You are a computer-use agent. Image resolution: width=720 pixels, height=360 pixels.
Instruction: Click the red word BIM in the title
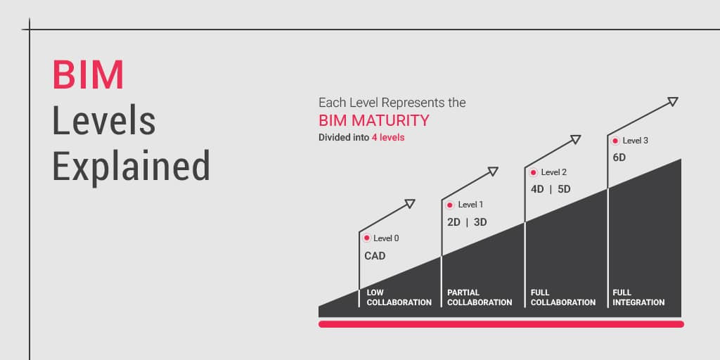[x=88, y=75]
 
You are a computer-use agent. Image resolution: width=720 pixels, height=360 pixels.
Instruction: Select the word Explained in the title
[x=131, y=165]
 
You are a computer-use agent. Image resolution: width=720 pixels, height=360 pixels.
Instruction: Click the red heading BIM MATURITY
[x=374, y=120]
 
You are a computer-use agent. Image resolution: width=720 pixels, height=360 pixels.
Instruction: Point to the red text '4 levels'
[x=388, y=137]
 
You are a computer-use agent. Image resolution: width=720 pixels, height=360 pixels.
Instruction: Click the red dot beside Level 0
[x=366, y=238]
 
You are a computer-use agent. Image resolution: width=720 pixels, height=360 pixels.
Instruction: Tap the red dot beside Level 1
[x=450, y=205]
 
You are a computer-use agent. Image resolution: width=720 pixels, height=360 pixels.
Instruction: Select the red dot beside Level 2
[x=533, y=173]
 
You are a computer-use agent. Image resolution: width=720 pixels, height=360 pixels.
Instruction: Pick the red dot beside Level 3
[x=615, y=141]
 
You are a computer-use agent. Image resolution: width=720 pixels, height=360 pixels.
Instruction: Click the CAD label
[x=375, y=256]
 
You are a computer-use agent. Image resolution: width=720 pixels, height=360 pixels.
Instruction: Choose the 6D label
[x=619, y=157]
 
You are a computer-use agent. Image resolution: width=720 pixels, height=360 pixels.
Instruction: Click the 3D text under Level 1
[x=480, y=222]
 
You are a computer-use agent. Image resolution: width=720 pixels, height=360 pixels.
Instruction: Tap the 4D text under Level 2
[x=537, y=188]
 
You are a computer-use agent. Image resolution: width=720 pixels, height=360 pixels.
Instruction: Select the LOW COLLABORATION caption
[x=399, y=297]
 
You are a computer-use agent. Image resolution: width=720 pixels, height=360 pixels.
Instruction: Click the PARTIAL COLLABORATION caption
[x=480, y=297]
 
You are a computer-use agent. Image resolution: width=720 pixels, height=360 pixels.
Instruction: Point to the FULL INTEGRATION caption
[x=638, y=297]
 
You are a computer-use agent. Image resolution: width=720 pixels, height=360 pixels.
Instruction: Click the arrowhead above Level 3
[x=673, y=101]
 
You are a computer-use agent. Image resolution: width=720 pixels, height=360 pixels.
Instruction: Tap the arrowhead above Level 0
[x=410, y=203]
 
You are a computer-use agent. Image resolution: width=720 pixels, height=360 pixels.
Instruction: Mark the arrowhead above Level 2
[x=576, y=140]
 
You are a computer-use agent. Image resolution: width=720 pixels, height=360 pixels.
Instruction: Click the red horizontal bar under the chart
[x=501, y=324]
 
